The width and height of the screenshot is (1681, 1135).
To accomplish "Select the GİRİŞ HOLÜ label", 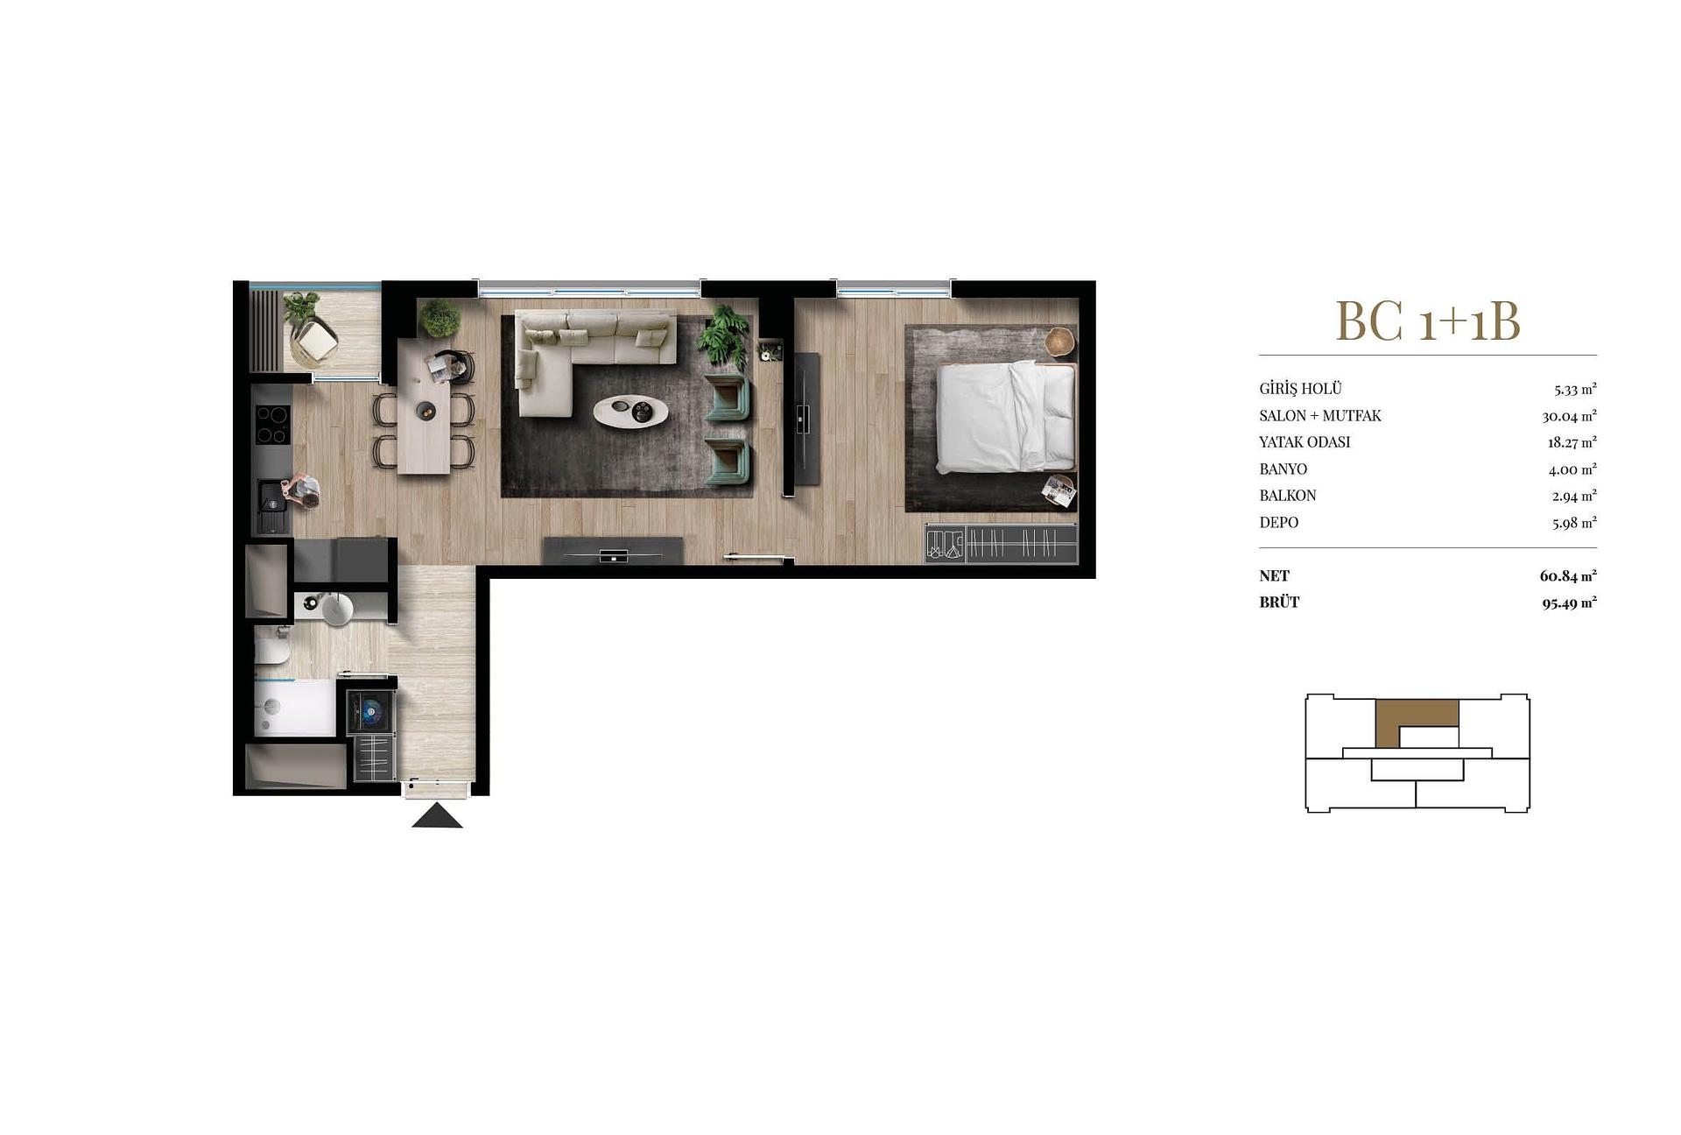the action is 1300,389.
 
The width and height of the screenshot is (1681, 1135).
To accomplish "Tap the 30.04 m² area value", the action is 1569,416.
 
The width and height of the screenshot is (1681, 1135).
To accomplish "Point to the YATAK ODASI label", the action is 1305,442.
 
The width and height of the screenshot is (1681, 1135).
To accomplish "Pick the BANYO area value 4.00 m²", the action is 1572,469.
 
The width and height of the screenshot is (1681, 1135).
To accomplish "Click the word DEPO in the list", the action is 1279,523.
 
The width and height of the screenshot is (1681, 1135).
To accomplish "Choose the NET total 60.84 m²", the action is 1568,576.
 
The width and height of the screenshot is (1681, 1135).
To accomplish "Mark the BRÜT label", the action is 1279,603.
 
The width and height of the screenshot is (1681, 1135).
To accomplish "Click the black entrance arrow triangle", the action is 437,819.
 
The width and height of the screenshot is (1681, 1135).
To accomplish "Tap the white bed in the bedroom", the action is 1007,418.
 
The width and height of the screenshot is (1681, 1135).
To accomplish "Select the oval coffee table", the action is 631,410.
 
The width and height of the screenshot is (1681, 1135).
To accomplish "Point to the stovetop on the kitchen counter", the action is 272,426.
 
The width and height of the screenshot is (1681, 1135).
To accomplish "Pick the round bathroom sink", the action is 337,608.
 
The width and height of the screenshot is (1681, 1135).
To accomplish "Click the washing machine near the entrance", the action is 371,710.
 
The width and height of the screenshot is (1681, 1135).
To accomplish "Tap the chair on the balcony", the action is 315,341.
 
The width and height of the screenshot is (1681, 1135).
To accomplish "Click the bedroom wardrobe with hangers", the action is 1001,543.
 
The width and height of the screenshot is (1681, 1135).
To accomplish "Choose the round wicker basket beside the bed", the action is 1060,341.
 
